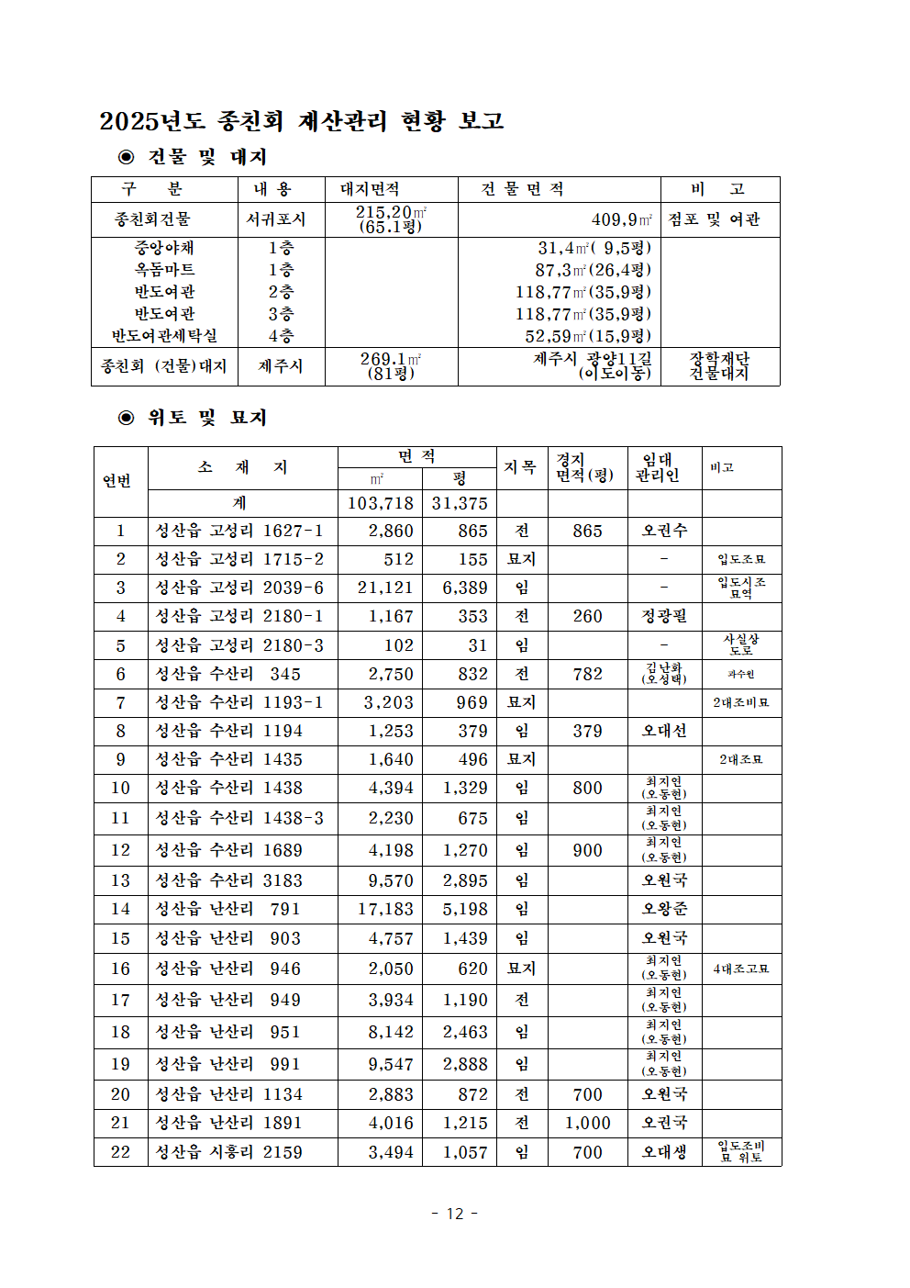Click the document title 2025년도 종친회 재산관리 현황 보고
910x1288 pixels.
(x=302, y=121)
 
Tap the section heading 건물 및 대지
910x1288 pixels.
(x=206, y=157)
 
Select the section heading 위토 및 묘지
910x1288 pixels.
(x=206, y=418)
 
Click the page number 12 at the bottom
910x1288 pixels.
(x=455, y=1214)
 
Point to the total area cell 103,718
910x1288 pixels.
(x=380, y=503)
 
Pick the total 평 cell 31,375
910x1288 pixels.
(x=460, y=503)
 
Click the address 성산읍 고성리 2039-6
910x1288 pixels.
(x=239, y=588)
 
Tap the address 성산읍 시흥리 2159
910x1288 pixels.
(x=228, y=1152)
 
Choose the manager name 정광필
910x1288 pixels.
(x=664, y=616)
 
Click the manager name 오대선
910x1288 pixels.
(x=664, y=731)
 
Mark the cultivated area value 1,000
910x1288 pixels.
(x=587, y=1123)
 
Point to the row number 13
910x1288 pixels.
(x=120, y=880)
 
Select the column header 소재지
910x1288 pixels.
(x=242, y=467)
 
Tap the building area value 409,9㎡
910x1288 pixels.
(x=622, y=219)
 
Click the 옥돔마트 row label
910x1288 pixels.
(x=164, y=270)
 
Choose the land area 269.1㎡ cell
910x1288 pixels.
(x=391, y=359)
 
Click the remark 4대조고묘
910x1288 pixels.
(x=741, y=969)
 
